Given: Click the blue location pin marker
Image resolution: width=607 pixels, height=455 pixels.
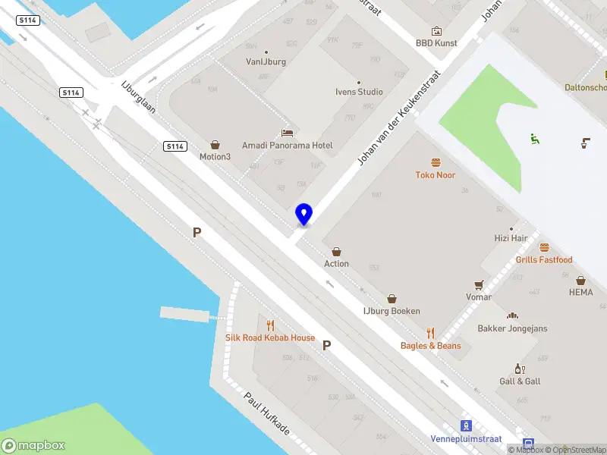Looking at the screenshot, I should click(x=303, y=214).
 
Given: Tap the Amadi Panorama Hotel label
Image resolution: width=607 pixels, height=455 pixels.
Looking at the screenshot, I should click(x=287, y=145).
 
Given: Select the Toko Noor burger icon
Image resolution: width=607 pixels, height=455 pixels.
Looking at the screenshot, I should click(x=436, y=162).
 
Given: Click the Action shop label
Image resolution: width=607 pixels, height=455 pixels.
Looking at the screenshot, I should click(x=336, y=264).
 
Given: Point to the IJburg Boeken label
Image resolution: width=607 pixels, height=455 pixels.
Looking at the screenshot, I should click(x=392, y=312).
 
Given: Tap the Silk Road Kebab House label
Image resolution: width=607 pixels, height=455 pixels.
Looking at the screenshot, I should click(x=270, y=337).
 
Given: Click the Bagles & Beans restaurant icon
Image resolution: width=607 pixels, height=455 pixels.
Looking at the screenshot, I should click(x=431, y=333).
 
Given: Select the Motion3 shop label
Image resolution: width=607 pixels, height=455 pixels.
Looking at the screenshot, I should click(x=215, y=157).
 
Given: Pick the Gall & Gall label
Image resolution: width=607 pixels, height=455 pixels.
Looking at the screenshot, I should click(x=520, y=381).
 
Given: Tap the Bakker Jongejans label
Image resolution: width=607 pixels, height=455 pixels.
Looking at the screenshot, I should click(x=512, y=328).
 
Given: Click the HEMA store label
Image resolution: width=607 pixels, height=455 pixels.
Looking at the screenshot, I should click(x=580, y=291).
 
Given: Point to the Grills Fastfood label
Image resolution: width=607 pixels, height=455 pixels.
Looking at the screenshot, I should click(x=544, y=260).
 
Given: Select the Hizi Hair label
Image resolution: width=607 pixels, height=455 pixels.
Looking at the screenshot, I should click(x=511, y=238).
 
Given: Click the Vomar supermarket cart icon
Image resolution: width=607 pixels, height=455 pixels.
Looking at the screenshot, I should click(x=479, y=285).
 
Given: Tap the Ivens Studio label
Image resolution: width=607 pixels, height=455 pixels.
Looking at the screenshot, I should click(x=359, y=92).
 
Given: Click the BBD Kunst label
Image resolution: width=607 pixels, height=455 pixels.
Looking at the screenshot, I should click(x=436, y=43).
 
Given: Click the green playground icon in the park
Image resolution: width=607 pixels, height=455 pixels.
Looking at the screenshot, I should click(x=535, y=139).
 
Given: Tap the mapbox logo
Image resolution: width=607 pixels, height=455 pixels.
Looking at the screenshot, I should click(x=33, y=446).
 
